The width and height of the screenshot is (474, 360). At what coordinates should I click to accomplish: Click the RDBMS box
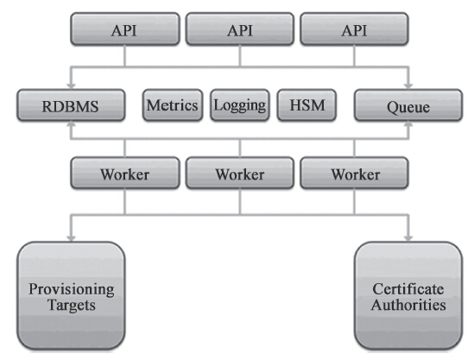(x=71, y=105)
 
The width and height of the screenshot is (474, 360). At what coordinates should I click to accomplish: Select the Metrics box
(x=173, y=105)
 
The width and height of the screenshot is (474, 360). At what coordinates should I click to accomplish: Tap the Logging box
(x=240, y=105)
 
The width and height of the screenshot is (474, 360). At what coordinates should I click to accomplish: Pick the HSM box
(x=307, y=105)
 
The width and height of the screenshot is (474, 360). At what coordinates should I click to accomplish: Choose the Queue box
(x=408, y=105)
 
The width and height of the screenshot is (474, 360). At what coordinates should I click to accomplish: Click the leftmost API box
(x=125, y=29)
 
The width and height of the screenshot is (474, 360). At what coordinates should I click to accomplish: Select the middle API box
(x=240, y=29)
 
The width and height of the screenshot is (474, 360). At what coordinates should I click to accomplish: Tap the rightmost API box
(x=354, y=29)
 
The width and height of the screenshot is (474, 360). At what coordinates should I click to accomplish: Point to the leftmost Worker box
(x=125, y=173)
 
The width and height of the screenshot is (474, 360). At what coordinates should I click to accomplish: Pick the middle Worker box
(x=240, y=173)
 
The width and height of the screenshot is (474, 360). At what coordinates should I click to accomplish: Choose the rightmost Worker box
(x=354, y=173)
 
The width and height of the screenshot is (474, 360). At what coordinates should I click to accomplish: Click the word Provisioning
(x=72, y=289)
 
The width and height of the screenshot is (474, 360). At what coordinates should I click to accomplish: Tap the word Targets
(x=72, y=305)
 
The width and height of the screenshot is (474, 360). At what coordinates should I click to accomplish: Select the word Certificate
(x=408, y=289)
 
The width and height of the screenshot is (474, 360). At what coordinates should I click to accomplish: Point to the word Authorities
(x=408, y=305)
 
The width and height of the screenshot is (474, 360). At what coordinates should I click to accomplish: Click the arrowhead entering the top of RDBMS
(x=71, y=86)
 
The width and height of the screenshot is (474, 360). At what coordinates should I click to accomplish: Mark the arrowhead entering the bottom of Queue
(x=408, y=124)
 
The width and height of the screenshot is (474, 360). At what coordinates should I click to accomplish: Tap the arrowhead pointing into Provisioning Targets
(x=71, y=238)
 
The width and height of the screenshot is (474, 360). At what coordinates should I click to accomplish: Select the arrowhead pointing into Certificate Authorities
(x=408, y=238)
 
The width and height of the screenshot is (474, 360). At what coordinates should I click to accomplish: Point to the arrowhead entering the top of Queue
(x=408, y=86)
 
